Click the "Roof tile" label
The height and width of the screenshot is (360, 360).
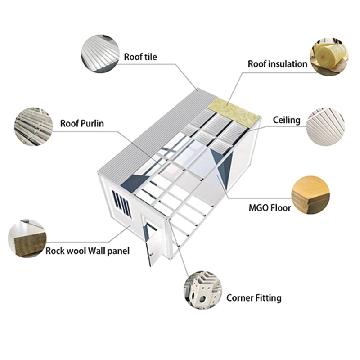point(140,57)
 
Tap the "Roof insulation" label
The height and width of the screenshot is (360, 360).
point(278,64)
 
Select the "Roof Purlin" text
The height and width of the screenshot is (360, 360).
point(82,123)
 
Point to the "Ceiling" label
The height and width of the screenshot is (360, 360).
point(286,120)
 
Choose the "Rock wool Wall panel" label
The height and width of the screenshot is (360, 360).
point(87,251)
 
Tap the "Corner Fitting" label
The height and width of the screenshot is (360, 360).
point(254,297)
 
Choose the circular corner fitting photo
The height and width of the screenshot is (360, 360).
point(202,290)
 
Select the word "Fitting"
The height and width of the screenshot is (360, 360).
point(268,297)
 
